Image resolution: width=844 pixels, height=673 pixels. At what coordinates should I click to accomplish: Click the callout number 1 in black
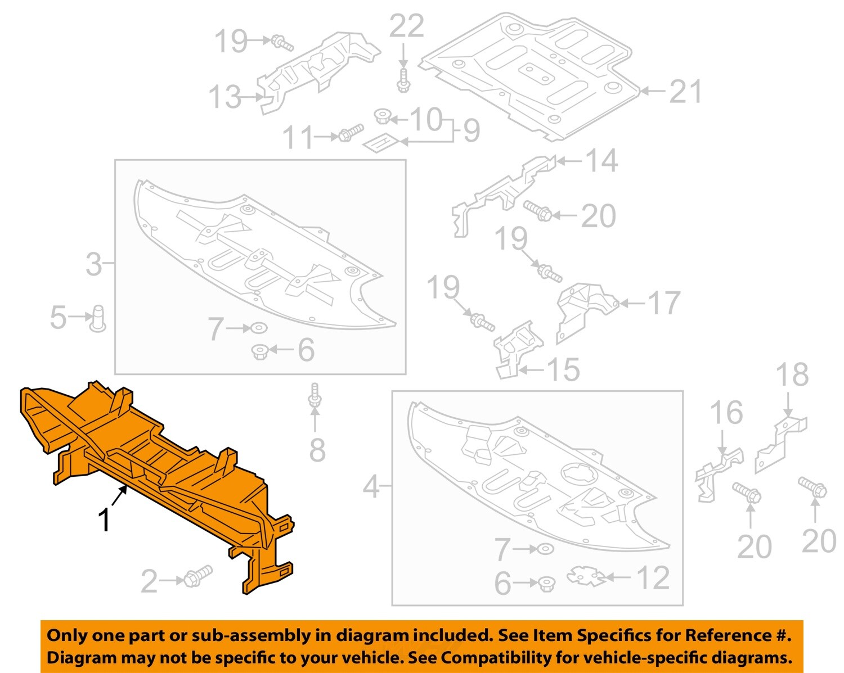pos(104,520)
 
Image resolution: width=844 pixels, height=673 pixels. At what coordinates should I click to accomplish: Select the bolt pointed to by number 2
pos(196,576)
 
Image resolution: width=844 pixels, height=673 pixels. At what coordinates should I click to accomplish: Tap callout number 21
pos(685,92)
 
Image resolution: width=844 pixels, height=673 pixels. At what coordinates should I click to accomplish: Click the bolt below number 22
pos(403,80)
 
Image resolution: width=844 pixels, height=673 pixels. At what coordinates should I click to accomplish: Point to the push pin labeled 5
pos(98,318)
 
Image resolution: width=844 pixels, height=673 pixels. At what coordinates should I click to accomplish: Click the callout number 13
pos(225,97)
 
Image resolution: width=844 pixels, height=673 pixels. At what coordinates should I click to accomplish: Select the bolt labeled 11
pos(349,134)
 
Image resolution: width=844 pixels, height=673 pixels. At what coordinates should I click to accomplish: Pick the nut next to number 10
pos(383,118)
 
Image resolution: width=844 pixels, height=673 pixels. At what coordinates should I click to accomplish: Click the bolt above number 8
pos(315,396)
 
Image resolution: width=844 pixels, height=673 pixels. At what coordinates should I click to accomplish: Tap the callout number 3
pos(94,264)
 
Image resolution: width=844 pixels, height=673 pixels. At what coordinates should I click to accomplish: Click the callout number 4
pos(371,486)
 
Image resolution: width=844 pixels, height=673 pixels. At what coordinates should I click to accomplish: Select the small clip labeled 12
pos(586,576)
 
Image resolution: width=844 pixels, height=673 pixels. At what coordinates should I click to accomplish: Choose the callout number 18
pos(792,375)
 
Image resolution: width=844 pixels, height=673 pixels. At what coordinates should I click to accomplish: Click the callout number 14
pos(602,161)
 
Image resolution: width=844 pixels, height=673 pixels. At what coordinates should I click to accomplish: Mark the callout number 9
pos(472,130)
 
